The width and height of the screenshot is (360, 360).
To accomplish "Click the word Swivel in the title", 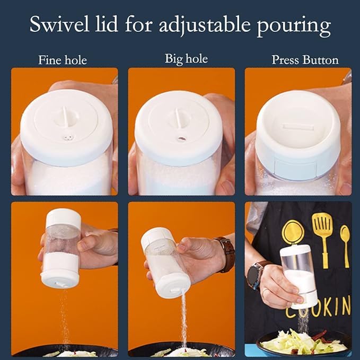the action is tap(59, 24).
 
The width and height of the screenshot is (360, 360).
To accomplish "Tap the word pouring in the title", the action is tap(293, 27).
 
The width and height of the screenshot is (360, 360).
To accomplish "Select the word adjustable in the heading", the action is tap(204, 25).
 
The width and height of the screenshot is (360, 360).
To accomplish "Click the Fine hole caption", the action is tap(63, 60).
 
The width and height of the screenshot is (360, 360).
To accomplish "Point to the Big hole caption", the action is tap(186, 59).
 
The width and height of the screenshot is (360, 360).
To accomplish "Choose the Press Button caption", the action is tap(305, 60).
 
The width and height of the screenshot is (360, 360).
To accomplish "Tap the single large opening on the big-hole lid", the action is tap(182, 139).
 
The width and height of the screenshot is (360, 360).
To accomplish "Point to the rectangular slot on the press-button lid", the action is tap(298, 127).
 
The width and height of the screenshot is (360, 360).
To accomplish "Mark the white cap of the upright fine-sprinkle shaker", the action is tap(64, 217).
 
